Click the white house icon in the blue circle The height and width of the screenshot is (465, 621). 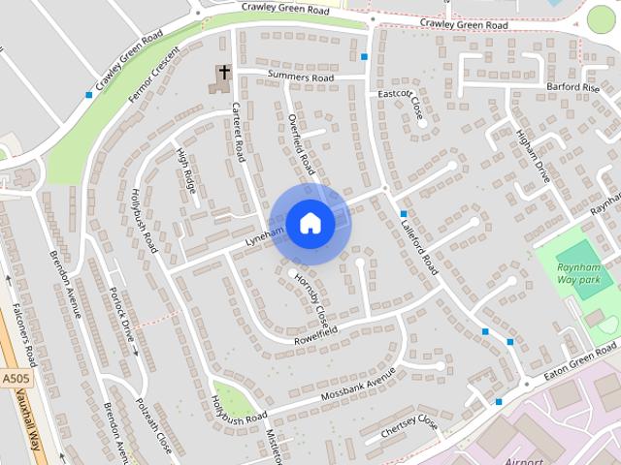coord(310,224)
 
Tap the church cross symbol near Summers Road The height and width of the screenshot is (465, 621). coord(224,73)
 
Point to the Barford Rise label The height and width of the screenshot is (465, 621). coord(573,87)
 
